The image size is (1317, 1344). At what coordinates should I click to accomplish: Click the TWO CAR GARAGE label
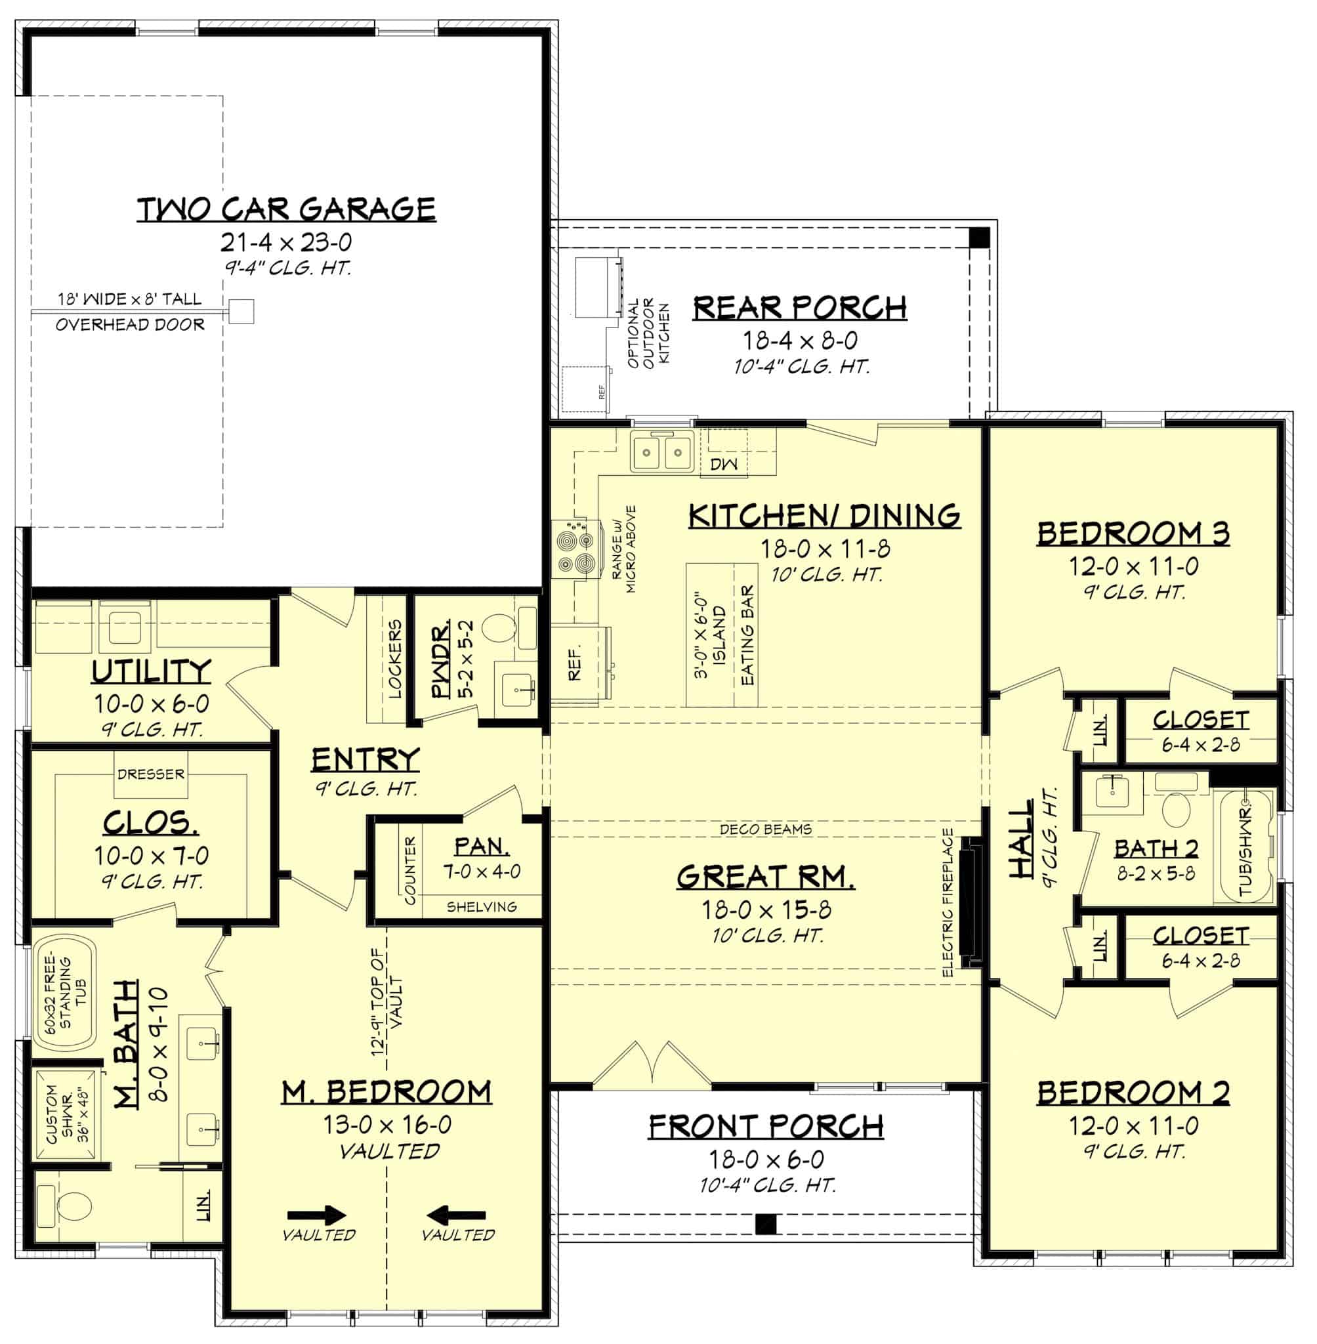click(x=286, y=209)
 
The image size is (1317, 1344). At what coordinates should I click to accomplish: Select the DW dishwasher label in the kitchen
click(x=724, y=463)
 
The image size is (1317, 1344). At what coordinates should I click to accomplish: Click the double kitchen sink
click(x=661, y=452)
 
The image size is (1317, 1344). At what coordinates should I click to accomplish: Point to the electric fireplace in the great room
click(x=971, y=904)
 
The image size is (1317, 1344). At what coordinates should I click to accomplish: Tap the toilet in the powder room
click(x=498, y=629)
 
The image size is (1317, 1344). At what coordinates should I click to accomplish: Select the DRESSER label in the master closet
click(x=151, y=774)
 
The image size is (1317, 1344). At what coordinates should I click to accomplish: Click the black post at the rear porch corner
click(x=980, y=238)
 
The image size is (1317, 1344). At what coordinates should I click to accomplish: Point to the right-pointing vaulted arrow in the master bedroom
click(x=316, y=1215)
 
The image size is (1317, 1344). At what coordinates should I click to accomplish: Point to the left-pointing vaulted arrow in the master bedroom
click(x=456, y=1215)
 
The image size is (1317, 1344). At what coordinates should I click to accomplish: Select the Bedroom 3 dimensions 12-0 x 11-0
click(x=1134, y=566)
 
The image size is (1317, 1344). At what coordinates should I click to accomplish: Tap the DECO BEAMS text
click(x=765, y=829)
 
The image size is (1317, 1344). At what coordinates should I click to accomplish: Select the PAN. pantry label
click(x=482, y=846)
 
